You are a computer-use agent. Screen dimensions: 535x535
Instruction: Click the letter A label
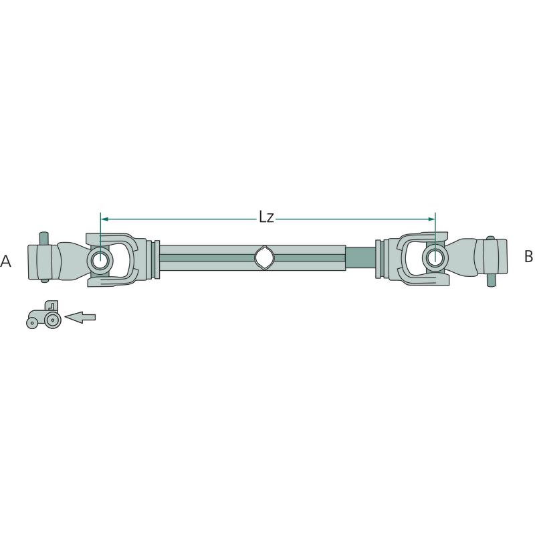point(6,261)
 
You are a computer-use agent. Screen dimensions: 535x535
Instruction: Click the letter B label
point(528,256)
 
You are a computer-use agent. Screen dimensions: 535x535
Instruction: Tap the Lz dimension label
point(266,217)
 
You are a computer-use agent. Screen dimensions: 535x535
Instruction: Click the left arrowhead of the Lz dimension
point(105,219)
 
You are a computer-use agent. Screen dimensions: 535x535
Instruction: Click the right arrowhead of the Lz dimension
point(431,219)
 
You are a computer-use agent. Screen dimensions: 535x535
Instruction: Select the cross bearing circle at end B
point(435,257)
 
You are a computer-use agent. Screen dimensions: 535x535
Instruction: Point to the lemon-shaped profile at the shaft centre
point(264,258)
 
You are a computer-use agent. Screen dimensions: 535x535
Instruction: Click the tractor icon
point(43,314)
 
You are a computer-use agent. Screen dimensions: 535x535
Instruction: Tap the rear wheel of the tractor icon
point(52,320)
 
